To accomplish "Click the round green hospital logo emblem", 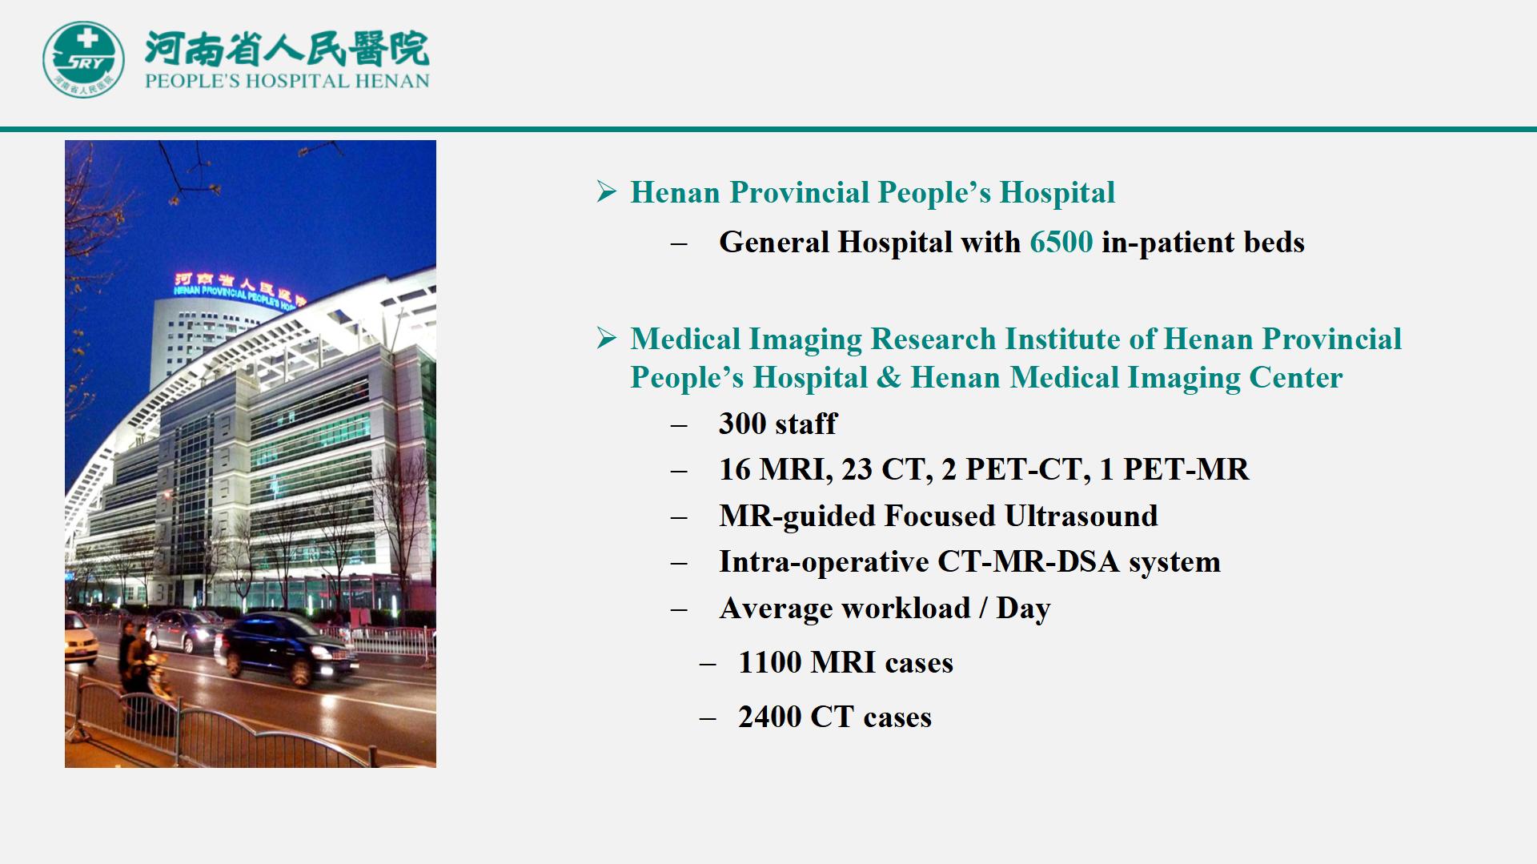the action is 83,59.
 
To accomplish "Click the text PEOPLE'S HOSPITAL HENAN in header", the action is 287,81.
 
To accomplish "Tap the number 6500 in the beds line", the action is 1061,242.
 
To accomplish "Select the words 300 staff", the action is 777,424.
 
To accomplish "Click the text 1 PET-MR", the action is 1174,469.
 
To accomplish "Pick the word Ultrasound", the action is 1081,516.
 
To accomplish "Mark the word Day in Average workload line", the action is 1023,609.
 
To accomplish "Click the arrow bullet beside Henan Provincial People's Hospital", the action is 607,192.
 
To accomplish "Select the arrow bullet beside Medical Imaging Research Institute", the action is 607,339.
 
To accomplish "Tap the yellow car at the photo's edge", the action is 81,637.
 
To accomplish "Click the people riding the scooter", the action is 144,669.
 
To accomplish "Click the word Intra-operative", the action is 824,562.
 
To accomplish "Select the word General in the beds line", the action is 773,242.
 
